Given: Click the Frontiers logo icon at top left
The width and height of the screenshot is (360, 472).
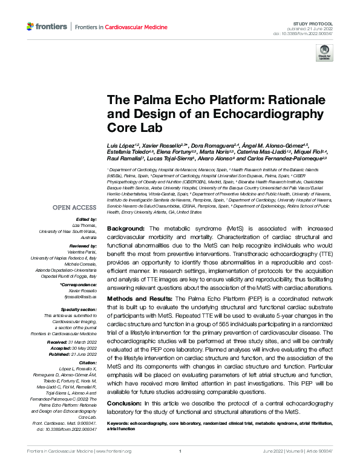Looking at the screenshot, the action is tap(31, 27).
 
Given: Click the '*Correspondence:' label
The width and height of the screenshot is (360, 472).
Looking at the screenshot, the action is tap(79, 284).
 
